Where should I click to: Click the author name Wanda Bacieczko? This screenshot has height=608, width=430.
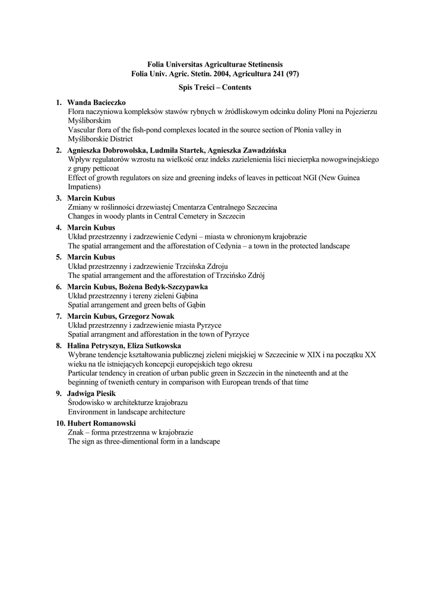[96, 103]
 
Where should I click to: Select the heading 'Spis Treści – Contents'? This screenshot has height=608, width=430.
[215, 87]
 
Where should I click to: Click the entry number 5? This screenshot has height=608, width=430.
[59, 257]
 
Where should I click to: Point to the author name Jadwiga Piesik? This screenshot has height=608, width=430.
[91, 393]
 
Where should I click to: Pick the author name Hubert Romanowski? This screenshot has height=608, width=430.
[102, 423]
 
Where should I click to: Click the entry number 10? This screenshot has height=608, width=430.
[60, 423]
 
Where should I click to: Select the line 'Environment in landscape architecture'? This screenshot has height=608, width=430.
[127, 411]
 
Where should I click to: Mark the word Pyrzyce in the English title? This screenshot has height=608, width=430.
[236, 334]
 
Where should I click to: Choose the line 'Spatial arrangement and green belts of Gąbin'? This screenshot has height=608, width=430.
[137, 305]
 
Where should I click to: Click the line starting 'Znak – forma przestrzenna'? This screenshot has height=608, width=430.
[130, 432]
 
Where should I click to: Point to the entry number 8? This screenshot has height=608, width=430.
[59, 346]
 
